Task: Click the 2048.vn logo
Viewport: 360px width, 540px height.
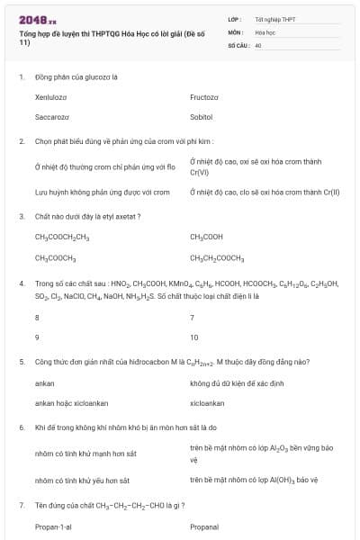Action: click(x=37, y=19)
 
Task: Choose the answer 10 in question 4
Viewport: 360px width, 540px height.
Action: click(x=194, y=337)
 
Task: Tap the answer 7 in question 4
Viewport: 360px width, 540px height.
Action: click(x=193, y=317)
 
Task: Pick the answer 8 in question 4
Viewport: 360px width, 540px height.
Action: click(x=37, y=317)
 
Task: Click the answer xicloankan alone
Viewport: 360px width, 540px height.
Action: click(x=208, y=403)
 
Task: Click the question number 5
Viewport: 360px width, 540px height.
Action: click(x=21, y=362)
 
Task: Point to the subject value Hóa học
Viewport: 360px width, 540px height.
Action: click(x=265, y=31)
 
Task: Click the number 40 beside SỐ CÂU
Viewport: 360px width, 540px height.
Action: click(x=258, y=44)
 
